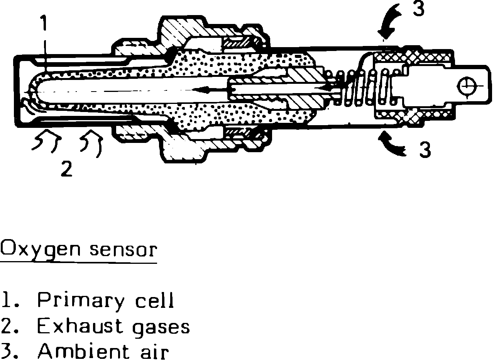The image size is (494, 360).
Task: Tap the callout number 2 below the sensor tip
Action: pos(67,169)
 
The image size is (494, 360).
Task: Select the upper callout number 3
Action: pos(418,9)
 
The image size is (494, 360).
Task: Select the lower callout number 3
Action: pos(425,150)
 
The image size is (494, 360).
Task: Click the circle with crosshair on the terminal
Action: pos(465,85)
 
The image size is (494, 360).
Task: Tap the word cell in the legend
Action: pos(154,301)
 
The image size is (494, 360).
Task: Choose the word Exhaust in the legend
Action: pos(80,327)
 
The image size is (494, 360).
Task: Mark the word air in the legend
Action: pos(153,352)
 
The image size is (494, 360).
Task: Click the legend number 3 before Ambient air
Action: pos(7,352)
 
